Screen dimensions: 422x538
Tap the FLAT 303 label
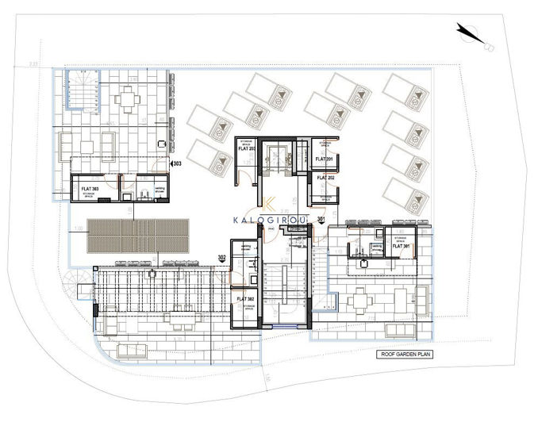(90, 189)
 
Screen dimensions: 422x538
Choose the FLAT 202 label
(325, 178)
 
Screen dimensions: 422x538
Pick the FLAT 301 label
(398, 247)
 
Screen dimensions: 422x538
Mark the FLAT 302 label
(244, 299)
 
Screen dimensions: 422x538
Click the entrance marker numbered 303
(176, 163)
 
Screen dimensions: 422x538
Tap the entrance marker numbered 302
(221, 257)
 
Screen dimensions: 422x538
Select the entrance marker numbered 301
(321, 219)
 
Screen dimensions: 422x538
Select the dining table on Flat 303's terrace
(127, 99)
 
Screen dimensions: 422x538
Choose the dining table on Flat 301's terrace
(360, 300)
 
